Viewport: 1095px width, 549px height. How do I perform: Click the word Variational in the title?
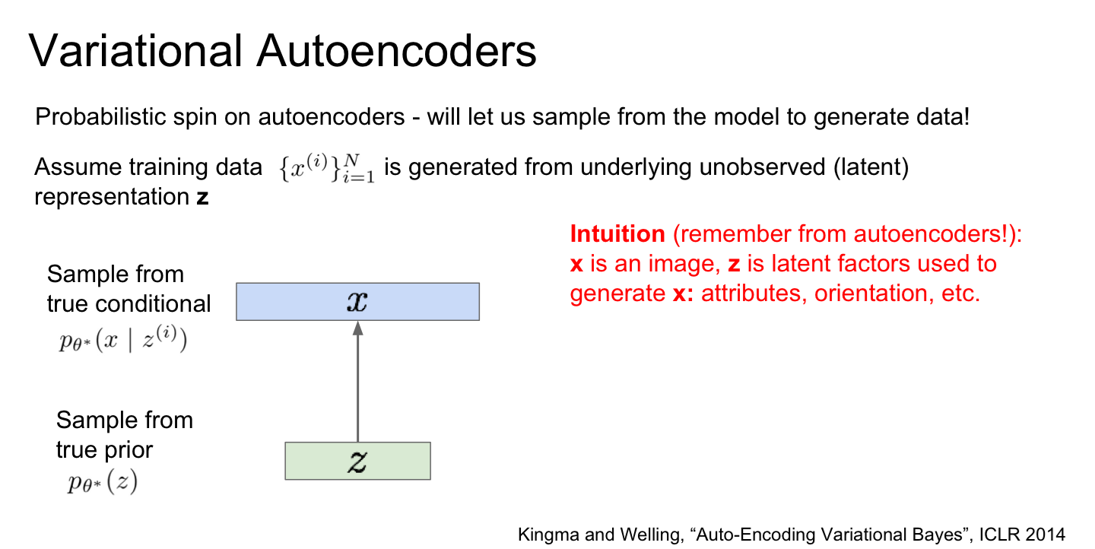pos(135,52)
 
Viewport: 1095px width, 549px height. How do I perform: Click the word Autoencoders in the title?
pos(396,52)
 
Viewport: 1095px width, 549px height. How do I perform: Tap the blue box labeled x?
pos(357,301)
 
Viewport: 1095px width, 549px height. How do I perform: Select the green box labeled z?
pos(357,461)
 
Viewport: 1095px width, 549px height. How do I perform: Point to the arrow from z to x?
pos(357,380)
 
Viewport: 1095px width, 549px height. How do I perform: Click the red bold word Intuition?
pos(617,234)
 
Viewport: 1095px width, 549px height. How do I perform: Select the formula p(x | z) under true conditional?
pos(122,339)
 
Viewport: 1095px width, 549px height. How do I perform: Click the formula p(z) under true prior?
pos(100,482)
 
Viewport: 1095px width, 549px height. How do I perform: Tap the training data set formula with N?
pos(325,169)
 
